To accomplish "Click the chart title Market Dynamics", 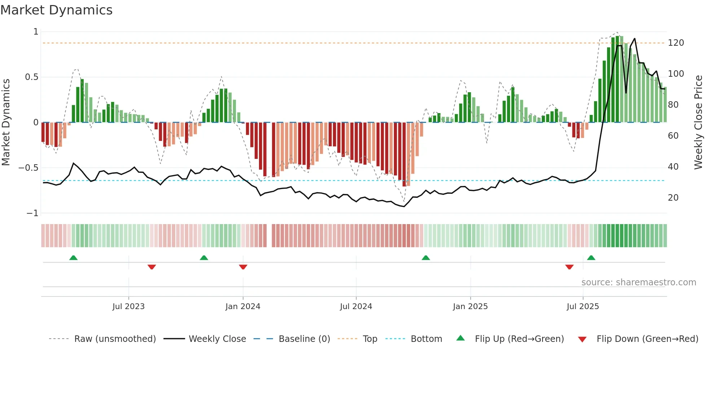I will pos(56,10).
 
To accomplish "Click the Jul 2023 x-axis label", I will pos(128,307).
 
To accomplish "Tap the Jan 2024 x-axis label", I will pos(243,307).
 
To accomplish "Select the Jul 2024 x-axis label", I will pos(356,307).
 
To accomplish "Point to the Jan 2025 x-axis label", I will pos(470,307).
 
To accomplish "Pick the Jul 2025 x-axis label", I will pos(583,307).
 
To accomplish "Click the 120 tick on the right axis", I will pos(676,43).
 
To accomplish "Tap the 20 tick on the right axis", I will pos(673,198).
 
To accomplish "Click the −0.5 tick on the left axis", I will pos(28,168).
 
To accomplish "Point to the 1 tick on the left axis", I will pos(36,32).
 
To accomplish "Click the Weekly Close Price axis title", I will pos(698,122).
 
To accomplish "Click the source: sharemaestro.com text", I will pos(638,282).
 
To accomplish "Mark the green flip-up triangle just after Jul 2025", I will pos(591,258).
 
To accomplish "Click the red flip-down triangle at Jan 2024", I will pos(243,267).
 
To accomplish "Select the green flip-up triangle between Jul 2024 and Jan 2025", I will pos(426,258).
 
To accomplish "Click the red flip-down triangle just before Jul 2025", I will pos(569,267).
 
